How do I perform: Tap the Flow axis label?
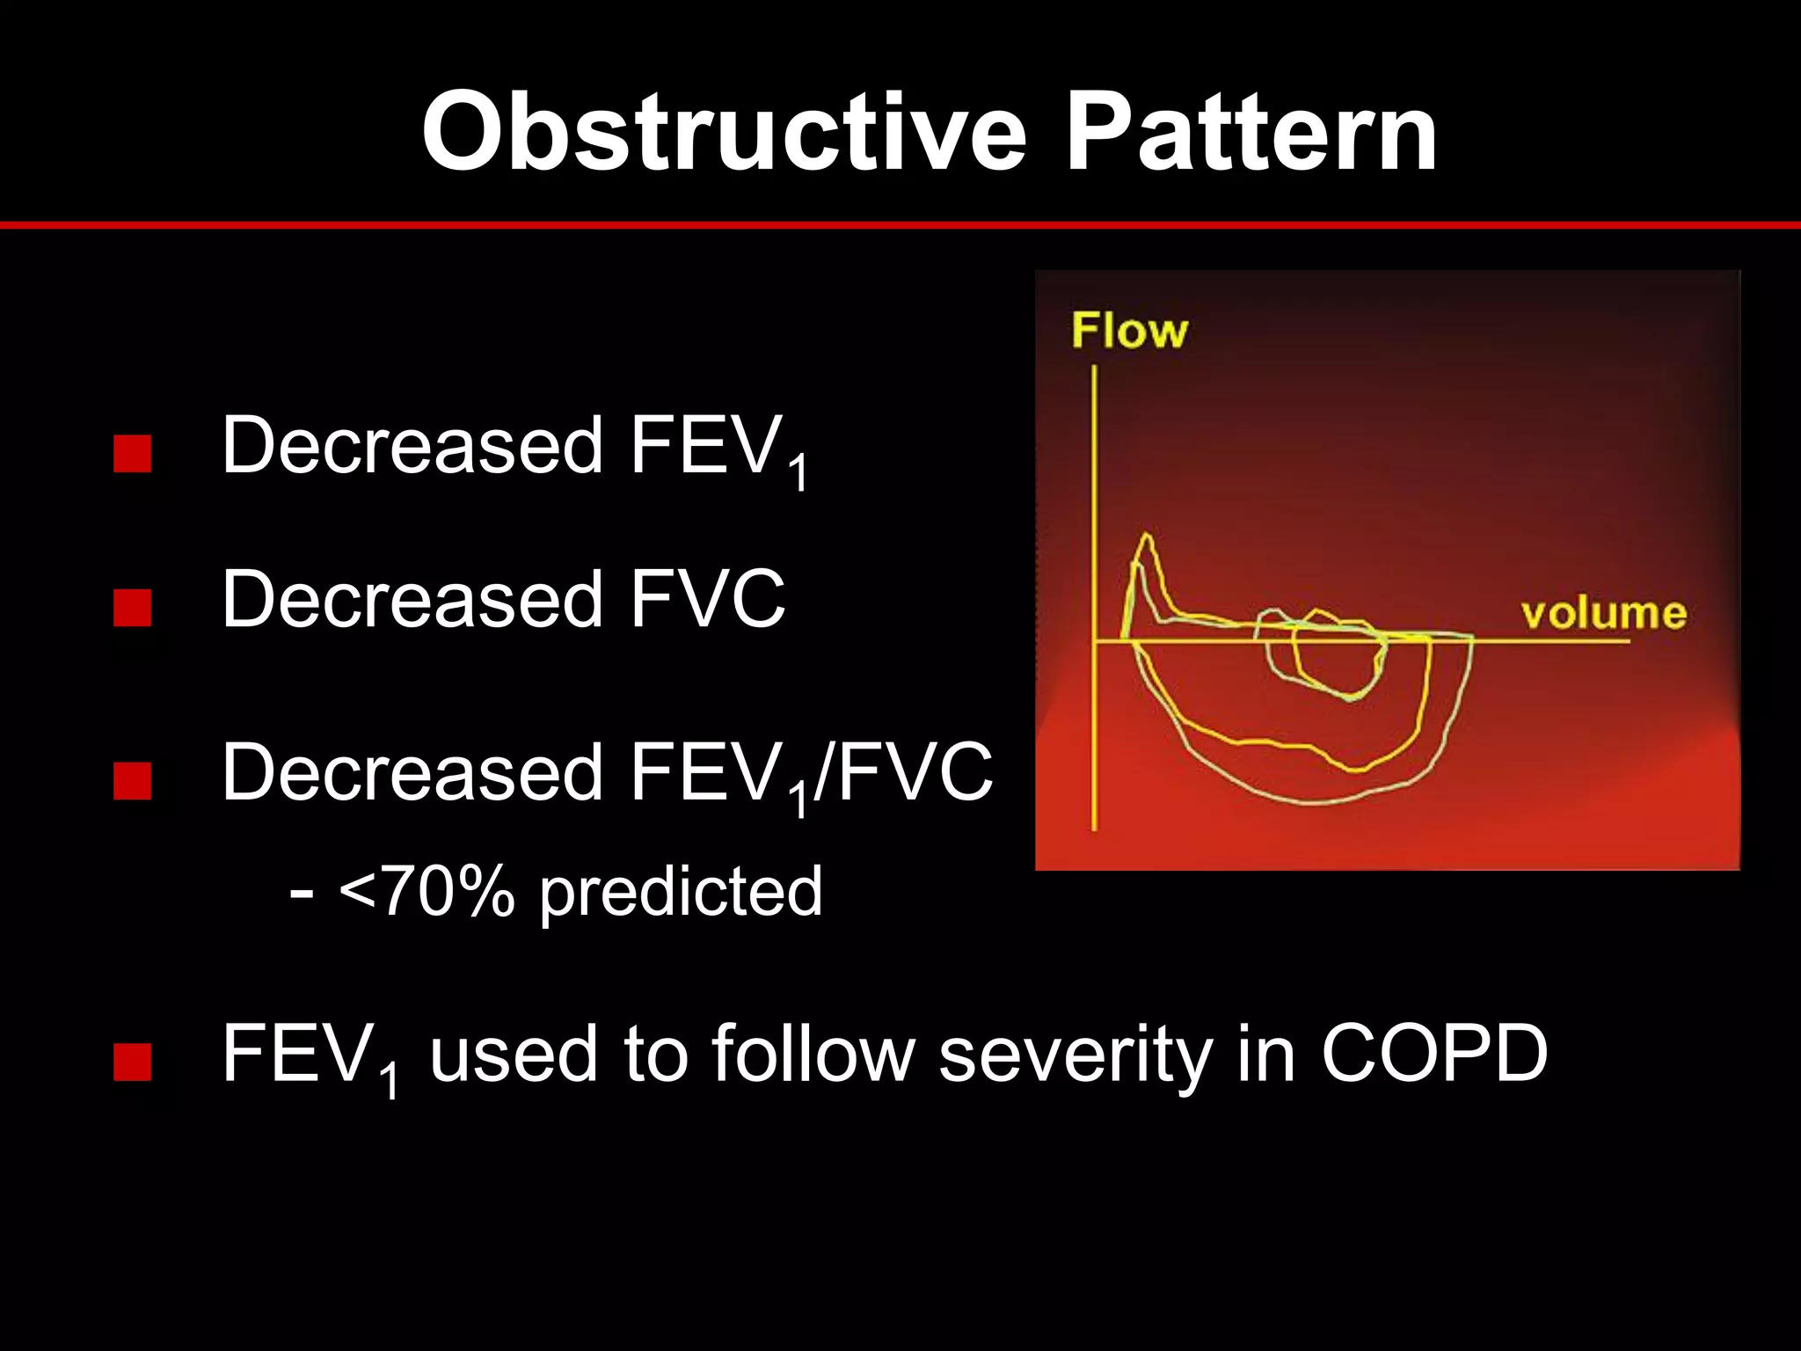pyautogui.click(x=1129, y=331)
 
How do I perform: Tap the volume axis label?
pyautogui.click(x=1603, y=613)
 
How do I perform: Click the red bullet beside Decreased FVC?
pyautogui.click(x=133, y=607)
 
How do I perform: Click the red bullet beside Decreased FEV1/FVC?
pyautogui.click(x=133, y=780)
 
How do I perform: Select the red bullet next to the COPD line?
pyautogui.click(x=133, y=1062)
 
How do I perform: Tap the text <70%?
pyautogui.click(x=426, y=892)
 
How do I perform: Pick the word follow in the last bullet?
pyautogui.click(x=813, y=1053)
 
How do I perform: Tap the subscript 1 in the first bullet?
pyautogui.click(x=797, y=474)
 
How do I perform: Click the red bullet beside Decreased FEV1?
pyautogui.click(x=133, y=454)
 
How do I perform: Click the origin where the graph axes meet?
pyautogui.click(x=1094, y=641)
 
